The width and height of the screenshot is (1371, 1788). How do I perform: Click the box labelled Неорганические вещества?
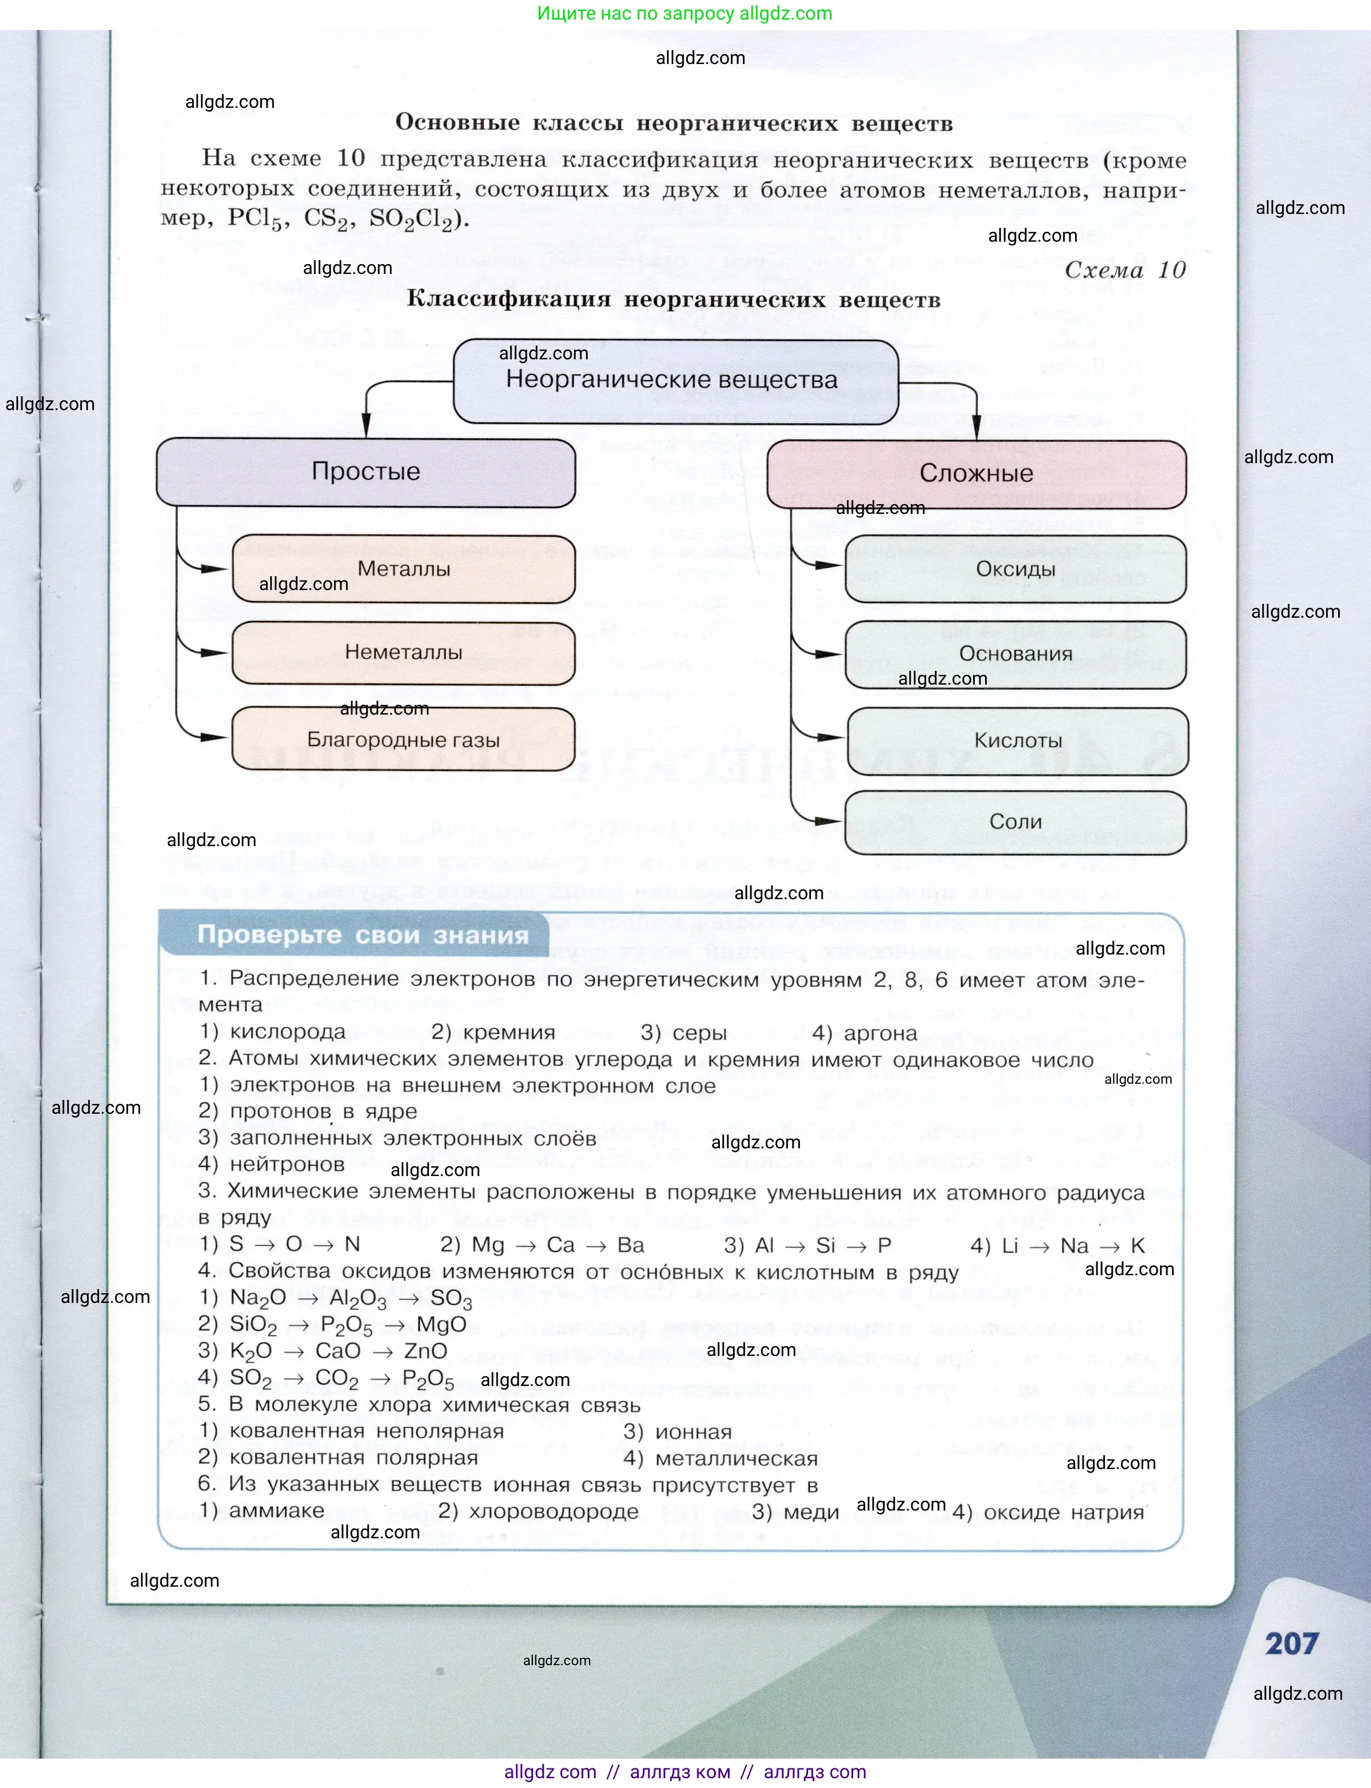(675, 381)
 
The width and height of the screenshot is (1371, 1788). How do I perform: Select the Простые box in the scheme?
(366, 472)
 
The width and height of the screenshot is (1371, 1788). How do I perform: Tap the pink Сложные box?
(976, 474)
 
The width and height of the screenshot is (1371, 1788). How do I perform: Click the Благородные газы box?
(403, 740)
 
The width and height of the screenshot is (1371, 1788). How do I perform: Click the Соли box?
(1015, 822)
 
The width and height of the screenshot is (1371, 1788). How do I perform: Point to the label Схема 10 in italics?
(1125, 270)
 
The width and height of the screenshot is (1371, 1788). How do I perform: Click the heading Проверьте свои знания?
(363, 935)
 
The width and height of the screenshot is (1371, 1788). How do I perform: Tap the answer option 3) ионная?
(677, 1432)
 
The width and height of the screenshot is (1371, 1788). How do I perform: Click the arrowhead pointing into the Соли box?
(828, 821)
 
